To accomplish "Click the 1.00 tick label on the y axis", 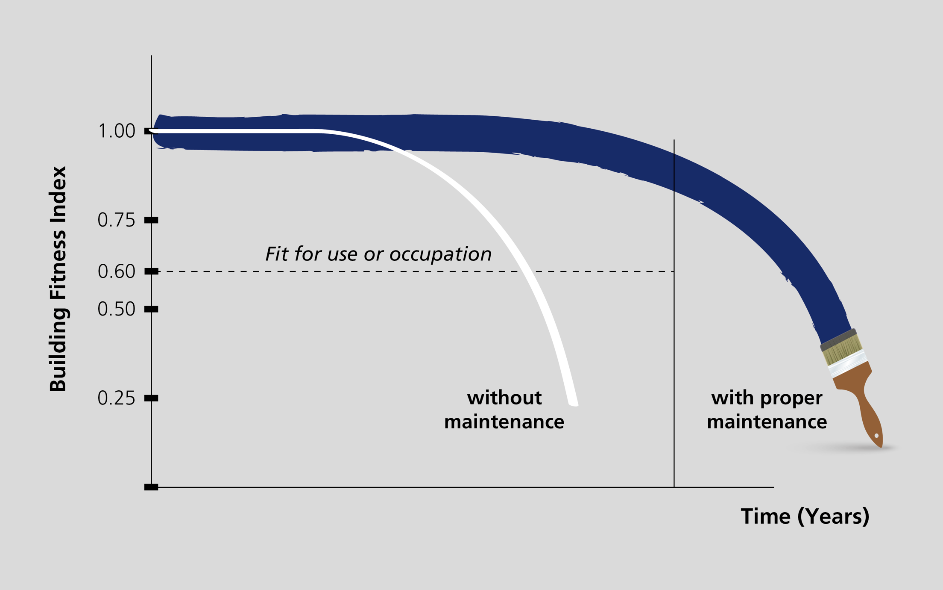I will [x=116, y=131].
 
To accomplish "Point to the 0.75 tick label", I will [x=116, y=220].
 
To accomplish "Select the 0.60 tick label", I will [x=116, y=271].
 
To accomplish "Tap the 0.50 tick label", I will [x=116, y=309].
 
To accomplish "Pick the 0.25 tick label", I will [x=116, y=398].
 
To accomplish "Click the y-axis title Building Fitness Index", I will [x=58, y=279].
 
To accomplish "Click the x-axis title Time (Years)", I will [x=805, y=516].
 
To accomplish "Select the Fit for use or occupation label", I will [x=378, y=254].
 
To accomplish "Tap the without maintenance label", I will [x=504, y=410].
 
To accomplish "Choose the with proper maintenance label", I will [x=767, y=410].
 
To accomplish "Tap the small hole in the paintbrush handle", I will [x=876, y=436].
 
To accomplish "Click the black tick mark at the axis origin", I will [x=151, y=487].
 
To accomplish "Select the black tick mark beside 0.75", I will [x=151, y=220].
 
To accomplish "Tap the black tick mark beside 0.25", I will [x=151, y=398].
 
